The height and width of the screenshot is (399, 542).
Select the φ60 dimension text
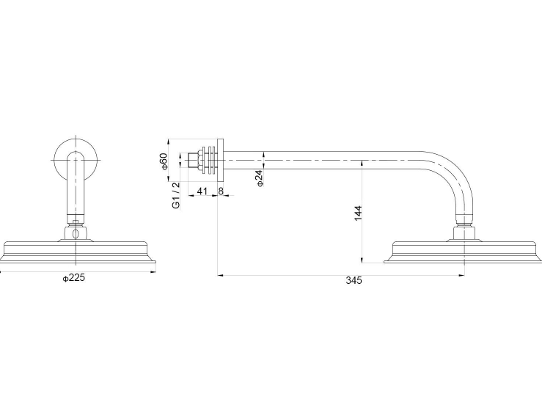[165, 161]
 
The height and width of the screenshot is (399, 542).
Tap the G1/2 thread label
[176, 196]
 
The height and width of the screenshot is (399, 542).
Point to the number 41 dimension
[202, 191]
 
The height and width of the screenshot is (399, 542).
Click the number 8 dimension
[221, 191]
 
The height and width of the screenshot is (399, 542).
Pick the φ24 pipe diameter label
[260, 178]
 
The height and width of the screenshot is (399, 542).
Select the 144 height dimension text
[358, 213]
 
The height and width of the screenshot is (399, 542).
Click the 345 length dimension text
[355, 281]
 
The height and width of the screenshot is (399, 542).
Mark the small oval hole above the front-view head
[76, 234]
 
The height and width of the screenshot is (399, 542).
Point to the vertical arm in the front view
[76, 187]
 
